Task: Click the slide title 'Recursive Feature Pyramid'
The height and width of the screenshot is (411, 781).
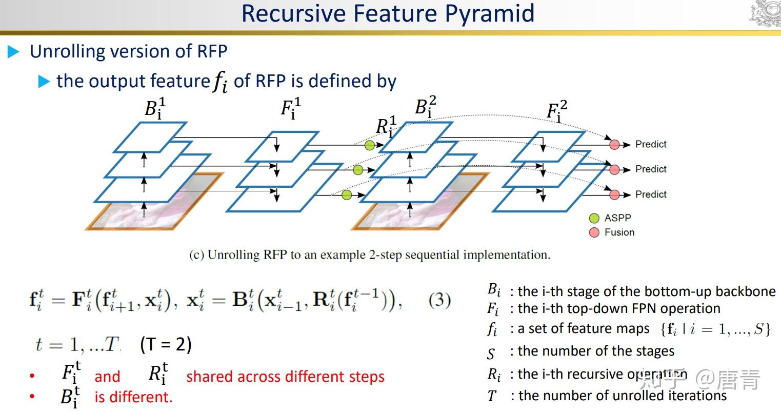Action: (x=388, y=14)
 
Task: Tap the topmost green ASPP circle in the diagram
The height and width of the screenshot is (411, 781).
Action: (x=370, y=145)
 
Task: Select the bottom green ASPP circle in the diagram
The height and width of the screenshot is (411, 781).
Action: (x=347, y=194)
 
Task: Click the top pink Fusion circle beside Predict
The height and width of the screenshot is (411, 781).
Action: (x=614, y=145)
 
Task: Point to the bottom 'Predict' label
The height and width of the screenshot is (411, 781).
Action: (x=651, y=194)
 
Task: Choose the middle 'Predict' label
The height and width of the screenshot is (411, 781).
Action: (x=651, y=169)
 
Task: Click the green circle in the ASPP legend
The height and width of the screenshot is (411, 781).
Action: (x=594, y=218)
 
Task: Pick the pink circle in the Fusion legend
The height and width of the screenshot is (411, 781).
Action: (x=594, y=232)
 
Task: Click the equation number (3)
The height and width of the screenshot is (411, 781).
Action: (x=439, y=300)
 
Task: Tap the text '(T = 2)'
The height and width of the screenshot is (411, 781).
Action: (x=166, y=344)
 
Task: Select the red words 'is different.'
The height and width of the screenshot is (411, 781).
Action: (x=133, y=397)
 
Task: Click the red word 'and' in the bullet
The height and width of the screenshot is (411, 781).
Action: (x=107, y=377)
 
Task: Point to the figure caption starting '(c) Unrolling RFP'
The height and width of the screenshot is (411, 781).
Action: (x=369, y=255)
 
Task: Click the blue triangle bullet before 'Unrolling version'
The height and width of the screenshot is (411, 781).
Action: (x=14, y=52)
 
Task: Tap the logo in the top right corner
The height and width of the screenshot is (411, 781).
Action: (x=765, y=14)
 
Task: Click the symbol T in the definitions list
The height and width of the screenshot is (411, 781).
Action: (x=492, y=396)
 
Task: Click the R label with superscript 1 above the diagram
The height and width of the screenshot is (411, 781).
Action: (x=386, y=126)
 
